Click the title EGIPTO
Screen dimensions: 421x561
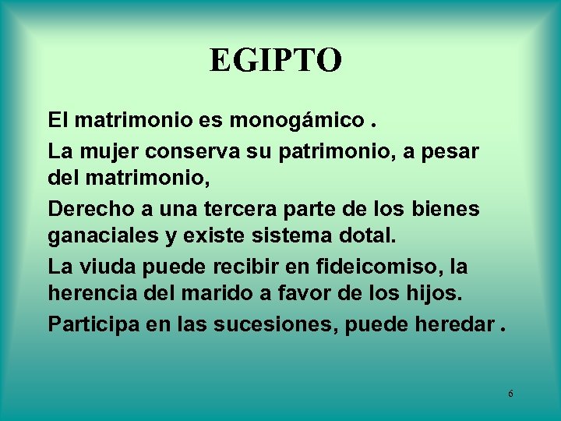coord(275,61)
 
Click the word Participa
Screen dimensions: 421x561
coord(92,324)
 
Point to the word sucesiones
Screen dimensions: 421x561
coord(270,324)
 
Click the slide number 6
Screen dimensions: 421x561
coord(510,394)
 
